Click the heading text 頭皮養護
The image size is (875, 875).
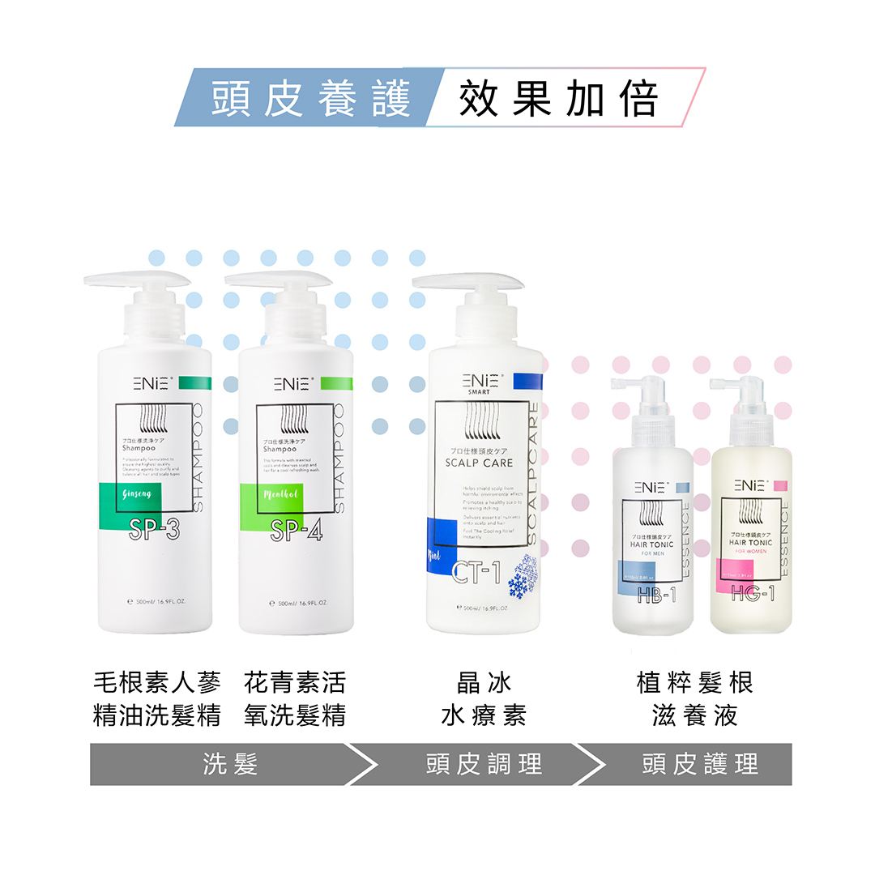[x=311, y=99]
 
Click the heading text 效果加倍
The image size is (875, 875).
[x=558, y=99]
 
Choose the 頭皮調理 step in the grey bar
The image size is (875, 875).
[x=484, y=764]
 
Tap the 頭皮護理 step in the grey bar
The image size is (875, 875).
[x=700, y=764]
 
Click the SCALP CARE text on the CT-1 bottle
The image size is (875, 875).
[x=479, y=463]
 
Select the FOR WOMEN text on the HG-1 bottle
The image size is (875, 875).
[x=750, y=551]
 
